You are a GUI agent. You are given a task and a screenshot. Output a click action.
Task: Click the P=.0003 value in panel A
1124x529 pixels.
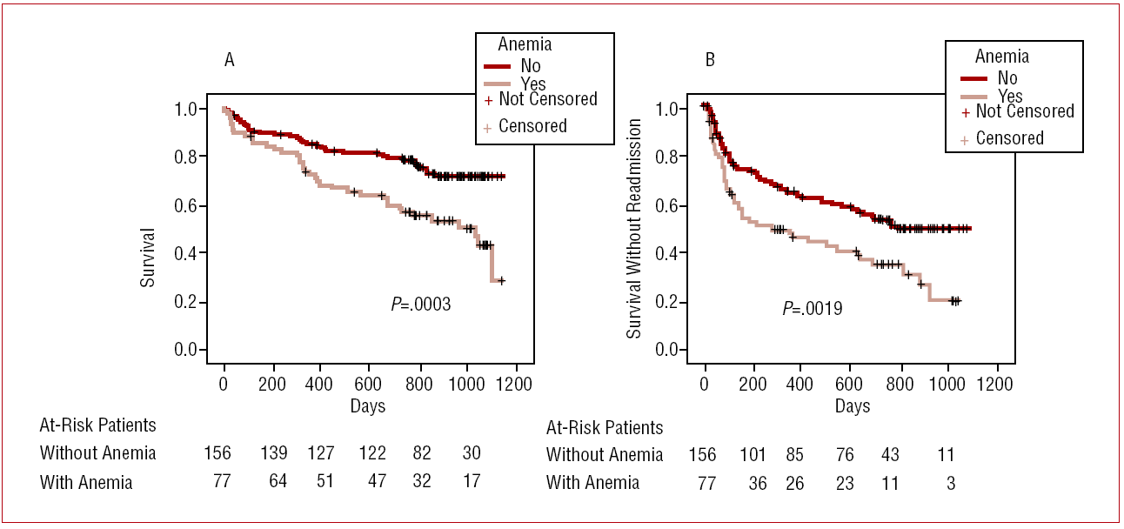pos(421,304)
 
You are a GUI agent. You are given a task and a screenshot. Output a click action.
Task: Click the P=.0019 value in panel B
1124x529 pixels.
pos(813,308)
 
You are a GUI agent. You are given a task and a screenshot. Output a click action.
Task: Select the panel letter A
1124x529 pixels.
pos(230,60)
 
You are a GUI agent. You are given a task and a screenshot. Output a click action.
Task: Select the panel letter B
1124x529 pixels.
pos(710,60)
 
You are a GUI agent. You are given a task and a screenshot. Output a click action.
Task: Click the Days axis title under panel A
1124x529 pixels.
pos(368,405)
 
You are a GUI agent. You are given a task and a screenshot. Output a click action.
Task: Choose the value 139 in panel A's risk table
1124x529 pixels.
pos(275,452)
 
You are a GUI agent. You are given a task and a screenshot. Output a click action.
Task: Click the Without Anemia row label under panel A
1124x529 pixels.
pos(97,452)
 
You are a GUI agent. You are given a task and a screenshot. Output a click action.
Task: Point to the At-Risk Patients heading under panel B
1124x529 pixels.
pos(605,427)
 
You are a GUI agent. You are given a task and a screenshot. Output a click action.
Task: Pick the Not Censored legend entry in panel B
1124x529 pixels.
pos(1024,111)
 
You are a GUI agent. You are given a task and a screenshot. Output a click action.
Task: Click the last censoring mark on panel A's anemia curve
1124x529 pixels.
pos(501,281)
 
